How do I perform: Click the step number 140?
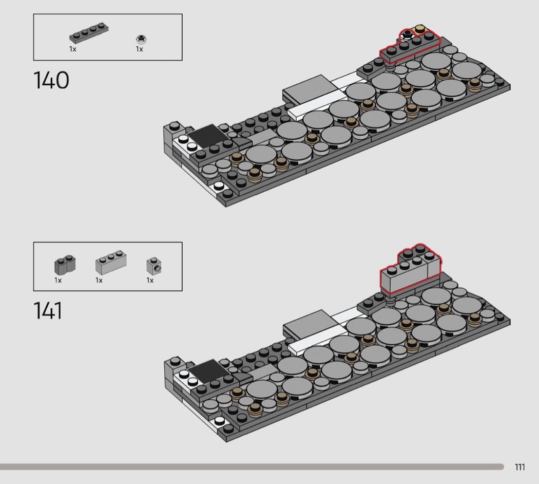coord(51,80)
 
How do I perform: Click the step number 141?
coord(48,311)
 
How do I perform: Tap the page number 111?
coord(519,467)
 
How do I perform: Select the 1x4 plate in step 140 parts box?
coord(89,33)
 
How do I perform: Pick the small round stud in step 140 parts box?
coord(141,39)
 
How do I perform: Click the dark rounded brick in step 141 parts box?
coord(65,265)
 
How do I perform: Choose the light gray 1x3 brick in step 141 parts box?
coord(111,262)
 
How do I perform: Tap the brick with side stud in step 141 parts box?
coord(153,266)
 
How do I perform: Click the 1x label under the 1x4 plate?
coord(72,49)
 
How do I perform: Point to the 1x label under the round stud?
coord(139,49)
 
